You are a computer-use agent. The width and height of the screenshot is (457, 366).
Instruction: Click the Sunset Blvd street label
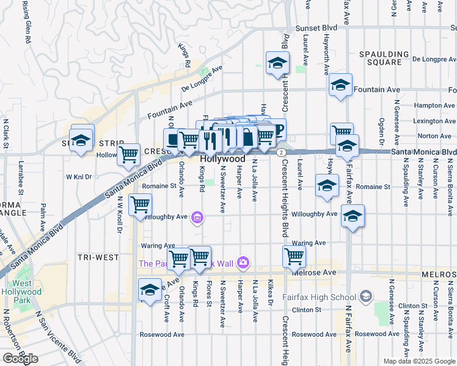click(316, 28)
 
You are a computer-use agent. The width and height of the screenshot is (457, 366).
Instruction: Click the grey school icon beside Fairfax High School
click(365, 296)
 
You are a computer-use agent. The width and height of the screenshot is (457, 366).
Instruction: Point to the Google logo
click(20, 359)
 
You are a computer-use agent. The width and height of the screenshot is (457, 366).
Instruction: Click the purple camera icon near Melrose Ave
click(243, 262)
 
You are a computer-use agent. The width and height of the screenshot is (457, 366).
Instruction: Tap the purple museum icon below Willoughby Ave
click(197, 217)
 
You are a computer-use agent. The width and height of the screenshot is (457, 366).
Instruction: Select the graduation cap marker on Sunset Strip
click(81, 139)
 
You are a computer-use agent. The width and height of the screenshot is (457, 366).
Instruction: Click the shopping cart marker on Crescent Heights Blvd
click(294, 256)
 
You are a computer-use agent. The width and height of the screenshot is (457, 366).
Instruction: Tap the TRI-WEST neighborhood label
click(98, 257)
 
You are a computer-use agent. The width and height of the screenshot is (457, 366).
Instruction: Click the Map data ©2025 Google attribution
click(419, 361)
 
